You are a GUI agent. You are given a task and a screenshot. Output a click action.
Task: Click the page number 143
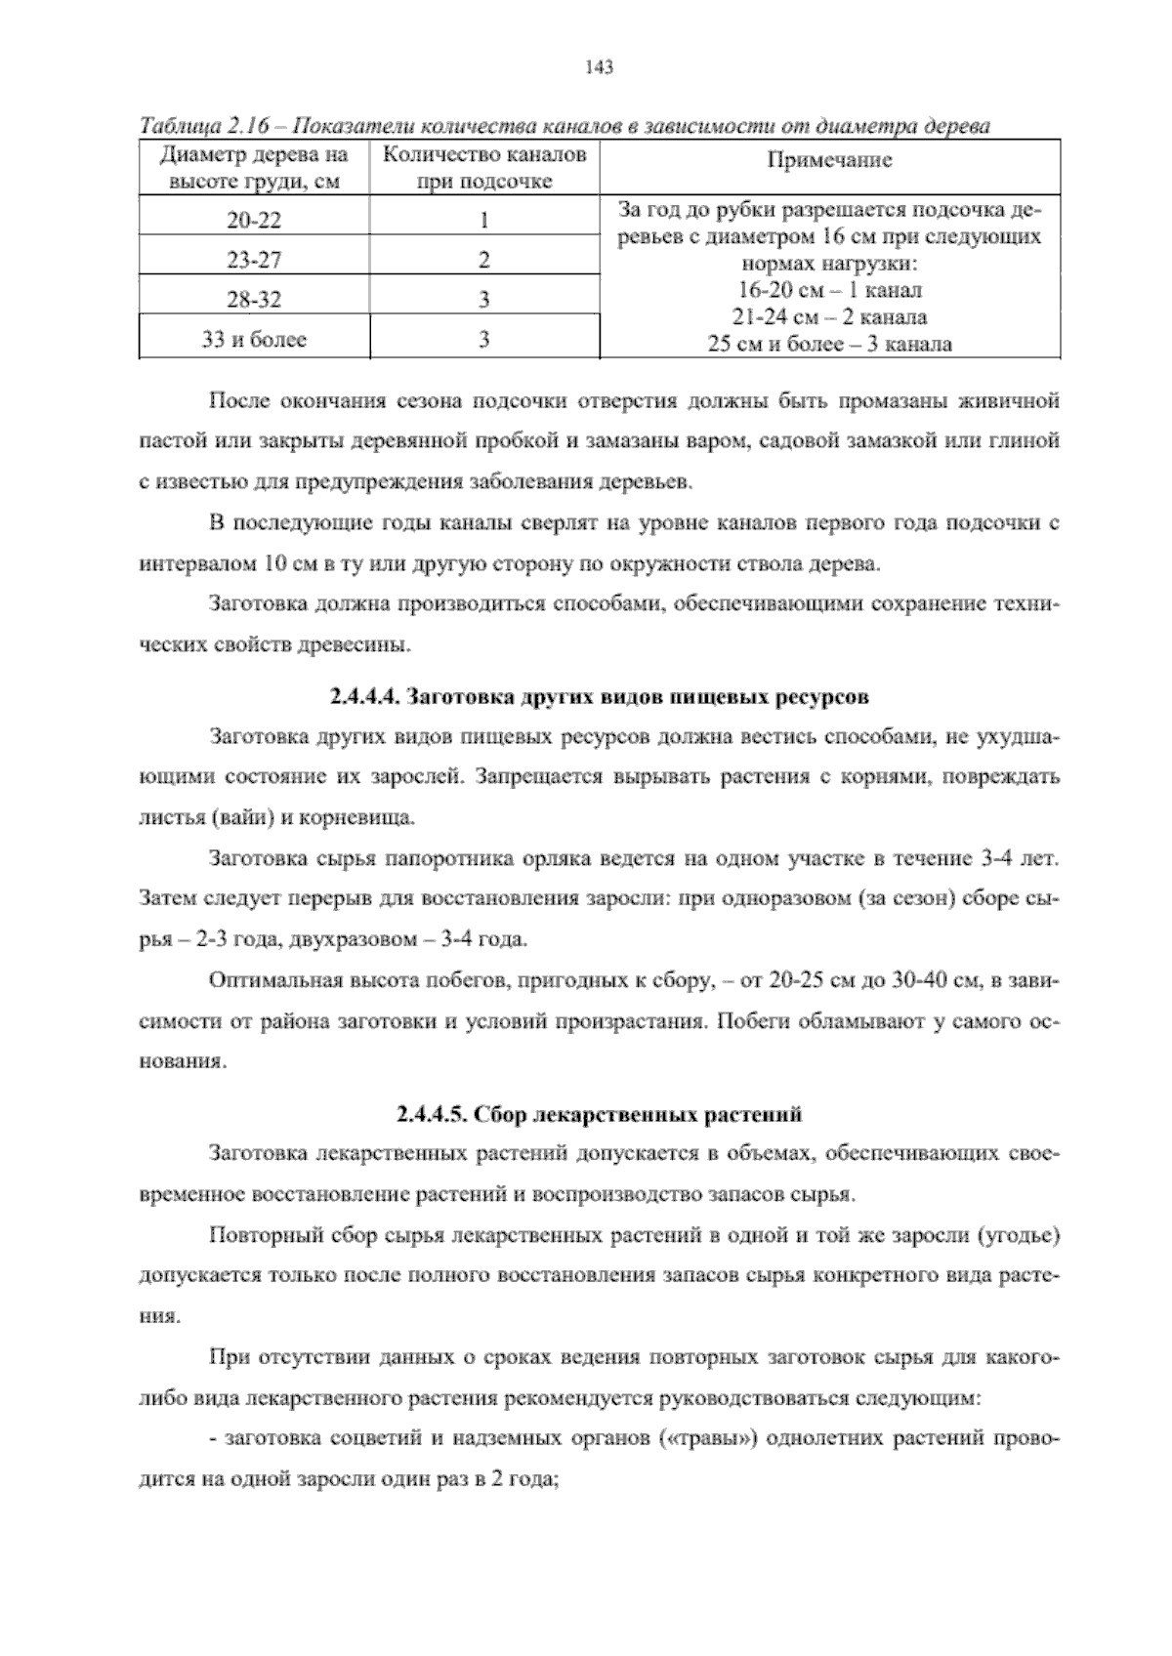(x=598, y=67)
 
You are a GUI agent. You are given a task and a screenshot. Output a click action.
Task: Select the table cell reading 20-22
(x=254, y=221)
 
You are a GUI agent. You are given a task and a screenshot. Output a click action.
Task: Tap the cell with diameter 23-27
(x=254, y=261)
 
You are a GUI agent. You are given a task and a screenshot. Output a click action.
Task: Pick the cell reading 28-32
(x=254, y=300)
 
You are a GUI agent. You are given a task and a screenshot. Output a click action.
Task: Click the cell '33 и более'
(x=254, y=340)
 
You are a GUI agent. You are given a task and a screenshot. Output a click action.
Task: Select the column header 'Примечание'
(x=828, y=161)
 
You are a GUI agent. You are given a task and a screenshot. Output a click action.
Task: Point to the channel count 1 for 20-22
(x=483, y=221)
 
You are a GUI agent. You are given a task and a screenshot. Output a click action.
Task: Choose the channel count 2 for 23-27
(x=483, y=261)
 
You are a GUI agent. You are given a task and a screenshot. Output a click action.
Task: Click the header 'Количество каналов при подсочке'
(x=483, y=168)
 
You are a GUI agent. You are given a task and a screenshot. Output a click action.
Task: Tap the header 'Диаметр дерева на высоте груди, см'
(x=254, y=168)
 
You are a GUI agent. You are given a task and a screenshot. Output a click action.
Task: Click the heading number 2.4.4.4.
(x=362, y=698)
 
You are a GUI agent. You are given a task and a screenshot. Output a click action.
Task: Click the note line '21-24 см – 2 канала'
(x=829, y=316)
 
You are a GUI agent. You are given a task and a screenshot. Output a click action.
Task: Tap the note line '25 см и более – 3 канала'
(x=829, y=343)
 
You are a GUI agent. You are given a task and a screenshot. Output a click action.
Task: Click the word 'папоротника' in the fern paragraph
(x=447, y=860)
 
